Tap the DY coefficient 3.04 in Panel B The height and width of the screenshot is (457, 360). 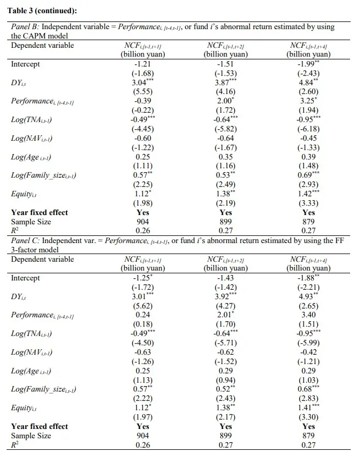click(141, 82)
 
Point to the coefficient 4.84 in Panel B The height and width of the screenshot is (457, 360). click(307, 82)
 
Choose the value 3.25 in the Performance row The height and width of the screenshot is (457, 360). click(307, 101)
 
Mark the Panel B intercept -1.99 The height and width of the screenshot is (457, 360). click(307, 64)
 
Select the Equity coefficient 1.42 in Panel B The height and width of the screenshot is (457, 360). click(307, 195)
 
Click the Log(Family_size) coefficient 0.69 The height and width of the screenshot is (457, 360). click(307, 175)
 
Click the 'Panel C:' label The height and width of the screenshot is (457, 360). click(25, 241)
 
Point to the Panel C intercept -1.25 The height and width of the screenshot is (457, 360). click(142, 278)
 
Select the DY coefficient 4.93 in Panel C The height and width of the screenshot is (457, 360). click(307, 296)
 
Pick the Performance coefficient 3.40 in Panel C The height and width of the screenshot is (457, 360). click(308, 315)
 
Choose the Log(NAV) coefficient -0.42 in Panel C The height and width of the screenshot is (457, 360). click(308, 353)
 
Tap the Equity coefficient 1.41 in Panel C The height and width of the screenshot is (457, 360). click(307, 408)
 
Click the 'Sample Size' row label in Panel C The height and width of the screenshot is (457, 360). click(31, 436)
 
